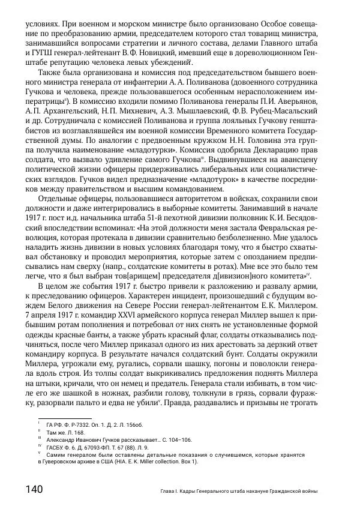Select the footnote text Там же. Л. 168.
(68, 432)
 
